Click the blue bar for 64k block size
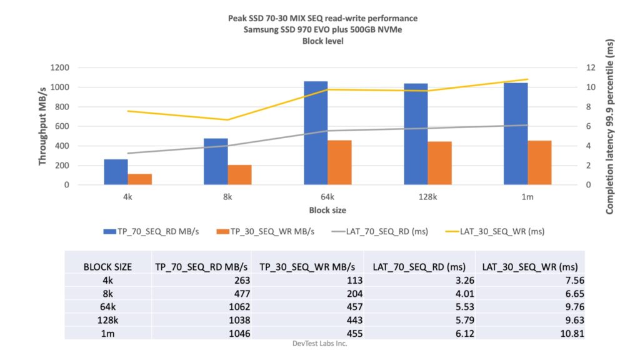coord(316,133)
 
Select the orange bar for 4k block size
coord(140,179)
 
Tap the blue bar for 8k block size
coord(216,161)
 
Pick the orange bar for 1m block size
coord(539,162)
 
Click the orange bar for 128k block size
coord(439,163)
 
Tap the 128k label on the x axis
coord(427,197)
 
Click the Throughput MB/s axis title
coord(42,126)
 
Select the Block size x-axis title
coord(327,210)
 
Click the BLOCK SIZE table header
coord(107,267)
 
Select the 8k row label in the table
coord(107,294)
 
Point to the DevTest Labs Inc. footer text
coord(319,343)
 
